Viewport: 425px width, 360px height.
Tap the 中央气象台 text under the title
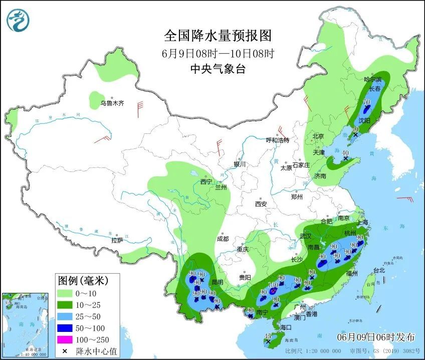coord(218,69)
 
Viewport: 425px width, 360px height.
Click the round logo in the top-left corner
coord(18,20)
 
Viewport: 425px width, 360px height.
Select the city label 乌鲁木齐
coord(111,103)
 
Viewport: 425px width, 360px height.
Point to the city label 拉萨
coord(117,240)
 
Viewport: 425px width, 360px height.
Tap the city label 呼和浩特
coord(277,140)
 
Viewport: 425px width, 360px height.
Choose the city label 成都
coord(223,239)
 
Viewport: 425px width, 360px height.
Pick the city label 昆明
coord(218,283)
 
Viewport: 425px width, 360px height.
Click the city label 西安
coord(261,204)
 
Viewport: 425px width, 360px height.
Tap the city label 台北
coord(379,270)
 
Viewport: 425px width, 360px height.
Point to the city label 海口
coord(286,327)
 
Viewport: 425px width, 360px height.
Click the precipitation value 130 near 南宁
coord(273,284)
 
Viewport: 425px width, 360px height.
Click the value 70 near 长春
coord(366,102)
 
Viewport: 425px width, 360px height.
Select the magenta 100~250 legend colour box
coord(65,340)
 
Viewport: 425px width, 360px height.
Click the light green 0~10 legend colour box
coord(65,292)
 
